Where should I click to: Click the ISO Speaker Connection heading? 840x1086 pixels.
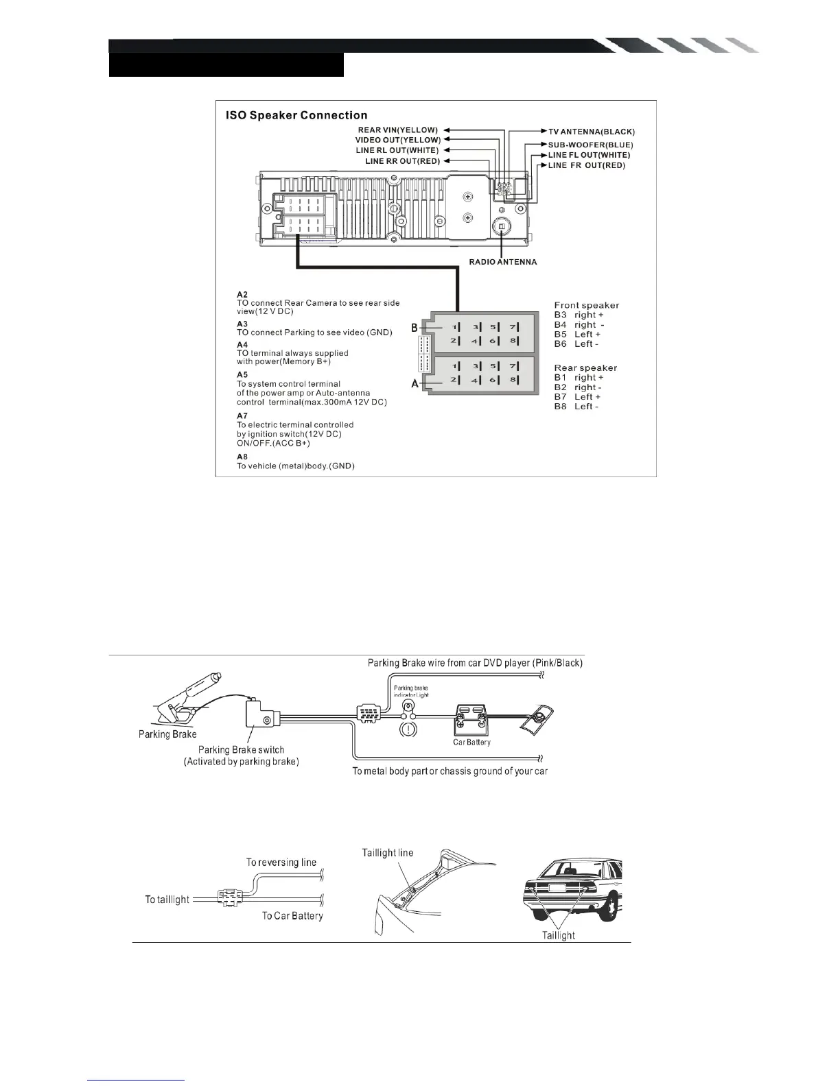296,115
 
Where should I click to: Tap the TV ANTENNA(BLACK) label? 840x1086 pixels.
592,131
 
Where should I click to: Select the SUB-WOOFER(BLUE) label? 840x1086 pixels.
590,145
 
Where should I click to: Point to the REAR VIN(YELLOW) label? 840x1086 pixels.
397,130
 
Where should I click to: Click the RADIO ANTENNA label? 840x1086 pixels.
502,262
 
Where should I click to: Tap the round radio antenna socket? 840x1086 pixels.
502,228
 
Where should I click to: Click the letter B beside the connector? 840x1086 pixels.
414,328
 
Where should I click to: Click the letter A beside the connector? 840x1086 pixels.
415,384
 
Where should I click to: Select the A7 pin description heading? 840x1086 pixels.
242,415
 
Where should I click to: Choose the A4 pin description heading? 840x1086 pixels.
242,345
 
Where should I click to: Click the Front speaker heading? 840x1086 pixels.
586,305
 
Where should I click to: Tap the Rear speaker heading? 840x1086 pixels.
585,367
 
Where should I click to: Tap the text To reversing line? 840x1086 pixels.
281,862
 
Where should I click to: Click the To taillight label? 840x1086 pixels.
167,899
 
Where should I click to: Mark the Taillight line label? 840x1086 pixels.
388,852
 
